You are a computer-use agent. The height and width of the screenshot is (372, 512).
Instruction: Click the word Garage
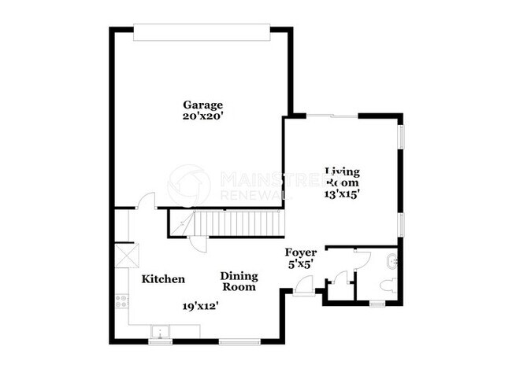click(202, 105)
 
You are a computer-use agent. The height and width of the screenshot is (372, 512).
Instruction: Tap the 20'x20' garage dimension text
click(202, 116)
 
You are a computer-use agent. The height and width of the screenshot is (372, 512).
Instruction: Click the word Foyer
click(301, 252)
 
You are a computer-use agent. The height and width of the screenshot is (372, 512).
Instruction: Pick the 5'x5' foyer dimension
click(301, 265)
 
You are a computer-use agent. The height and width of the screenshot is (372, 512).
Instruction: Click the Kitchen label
click(163, 279)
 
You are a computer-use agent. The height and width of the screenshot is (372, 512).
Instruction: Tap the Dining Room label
click(238, 282)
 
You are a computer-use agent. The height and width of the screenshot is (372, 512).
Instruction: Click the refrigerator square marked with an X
click(122, 255)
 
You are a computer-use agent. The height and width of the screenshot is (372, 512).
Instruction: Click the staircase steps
click(228, 223)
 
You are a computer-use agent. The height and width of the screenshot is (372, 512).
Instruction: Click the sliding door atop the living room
click(331, 116)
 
